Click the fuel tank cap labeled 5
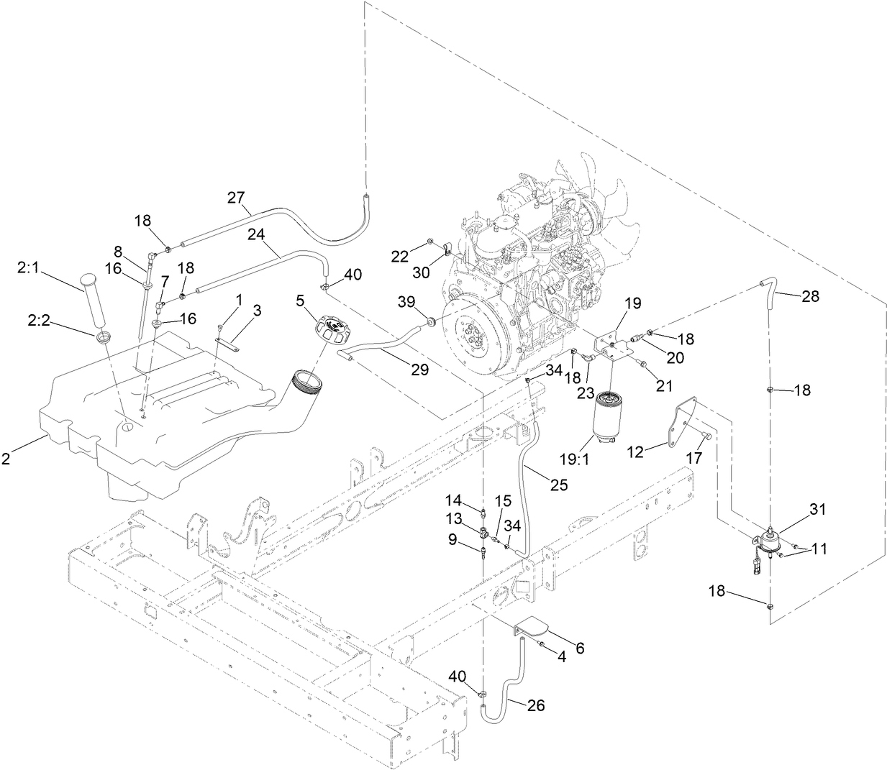coord(331,331)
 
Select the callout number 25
coord(558,485)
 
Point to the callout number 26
coord(535,705)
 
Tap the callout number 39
coord(407,300)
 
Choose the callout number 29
coord(419,370)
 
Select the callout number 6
coord(580,648)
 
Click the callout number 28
coord(809,296)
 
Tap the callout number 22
coord(400,256)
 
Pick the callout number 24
coord(257,234)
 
